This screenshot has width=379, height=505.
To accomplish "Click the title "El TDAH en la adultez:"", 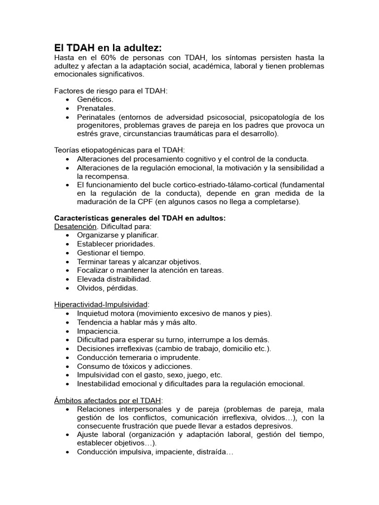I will click(108, 48).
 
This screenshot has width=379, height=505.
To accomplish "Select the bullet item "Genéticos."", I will click(95, 100).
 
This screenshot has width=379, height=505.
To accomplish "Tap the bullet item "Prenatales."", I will click(96, 108).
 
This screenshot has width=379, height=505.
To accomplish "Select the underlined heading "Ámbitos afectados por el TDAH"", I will click(108, 400).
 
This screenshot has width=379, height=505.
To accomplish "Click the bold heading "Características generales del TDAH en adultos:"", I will click(140, 218).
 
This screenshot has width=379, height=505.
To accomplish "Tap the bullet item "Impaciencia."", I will click(98, 331).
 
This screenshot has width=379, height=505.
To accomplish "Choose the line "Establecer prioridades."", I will click(116, 244).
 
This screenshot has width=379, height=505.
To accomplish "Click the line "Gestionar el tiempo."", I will click(111, 252).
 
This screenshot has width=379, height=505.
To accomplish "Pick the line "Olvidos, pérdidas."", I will click(108, 288).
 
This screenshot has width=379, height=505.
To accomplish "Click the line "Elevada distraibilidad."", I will click(114, 279).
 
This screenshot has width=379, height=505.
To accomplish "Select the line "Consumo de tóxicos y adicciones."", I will click(135, 366).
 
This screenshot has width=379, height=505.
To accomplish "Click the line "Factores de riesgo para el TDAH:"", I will click(111, 91).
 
